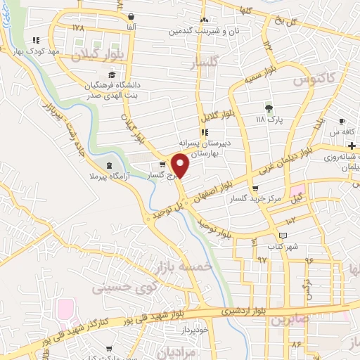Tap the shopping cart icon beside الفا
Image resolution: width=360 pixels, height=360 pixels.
[131, 15]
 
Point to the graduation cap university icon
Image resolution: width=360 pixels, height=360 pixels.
[111, 75]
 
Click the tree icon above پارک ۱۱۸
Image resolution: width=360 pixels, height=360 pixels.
[268, 108]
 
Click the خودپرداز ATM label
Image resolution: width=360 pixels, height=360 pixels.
[191, 328]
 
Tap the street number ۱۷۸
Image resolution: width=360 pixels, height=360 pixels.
[77, 27]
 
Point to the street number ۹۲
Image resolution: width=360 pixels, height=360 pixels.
[262, 259]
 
